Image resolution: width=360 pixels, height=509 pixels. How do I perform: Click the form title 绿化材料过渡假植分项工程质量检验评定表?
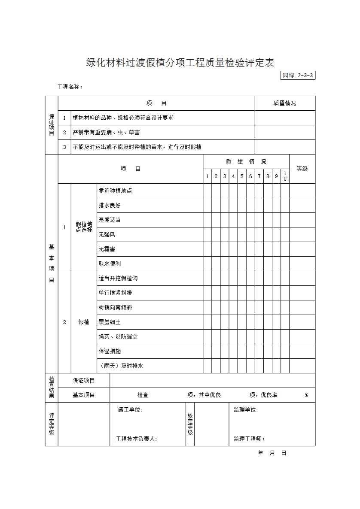(180, 63)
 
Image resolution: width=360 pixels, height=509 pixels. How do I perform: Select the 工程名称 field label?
(70, 87)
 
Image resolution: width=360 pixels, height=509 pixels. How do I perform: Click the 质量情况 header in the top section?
(285, 103)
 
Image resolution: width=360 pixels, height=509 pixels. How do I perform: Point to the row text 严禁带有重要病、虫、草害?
(106, 133)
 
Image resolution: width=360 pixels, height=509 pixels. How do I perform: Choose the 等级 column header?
(302, 169)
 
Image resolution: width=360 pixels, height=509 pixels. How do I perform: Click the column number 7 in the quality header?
(259, 176)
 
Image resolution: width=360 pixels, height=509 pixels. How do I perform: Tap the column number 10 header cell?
(285, 176)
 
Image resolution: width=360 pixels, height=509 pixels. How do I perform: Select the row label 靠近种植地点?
(115, 191)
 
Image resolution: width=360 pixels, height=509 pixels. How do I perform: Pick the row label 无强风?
(107, 235)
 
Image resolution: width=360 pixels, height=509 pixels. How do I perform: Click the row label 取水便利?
(110, 264)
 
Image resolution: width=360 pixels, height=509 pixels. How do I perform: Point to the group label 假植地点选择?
(84, 227)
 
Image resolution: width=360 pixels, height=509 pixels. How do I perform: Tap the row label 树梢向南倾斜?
(115, 308)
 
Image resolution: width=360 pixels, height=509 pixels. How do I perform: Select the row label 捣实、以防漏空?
(118, 337)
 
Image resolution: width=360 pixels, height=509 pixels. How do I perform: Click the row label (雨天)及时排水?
(121, 366)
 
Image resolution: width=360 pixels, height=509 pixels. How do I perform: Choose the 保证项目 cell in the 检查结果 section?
(84, 381)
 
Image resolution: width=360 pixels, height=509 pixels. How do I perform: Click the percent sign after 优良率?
(306, 395)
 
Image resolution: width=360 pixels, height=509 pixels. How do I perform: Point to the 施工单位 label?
(130, 410)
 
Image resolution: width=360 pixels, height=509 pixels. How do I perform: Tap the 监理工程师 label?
(249, 439)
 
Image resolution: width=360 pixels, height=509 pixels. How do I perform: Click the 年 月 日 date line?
(272, 453)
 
